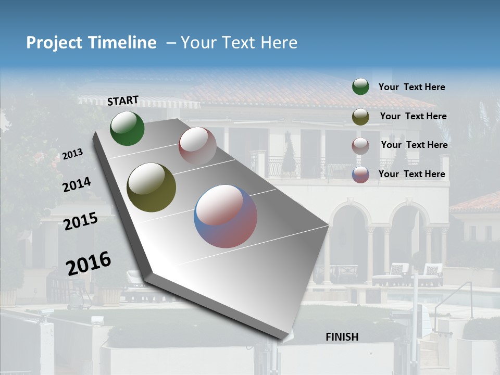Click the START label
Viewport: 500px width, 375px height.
[x=123, y=101]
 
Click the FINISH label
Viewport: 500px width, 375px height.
[x=342, y=337]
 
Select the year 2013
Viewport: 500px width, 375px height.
[x=72, y=154]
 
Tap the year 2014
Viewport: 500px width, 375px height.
[x=77, y=184]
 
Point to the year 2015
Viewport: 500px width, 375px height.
[x=81, y=221]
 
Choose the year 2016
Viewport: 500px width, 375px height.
[x=89, y=263]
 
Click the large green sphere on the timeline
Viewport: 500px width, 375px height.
[x=127, y=128]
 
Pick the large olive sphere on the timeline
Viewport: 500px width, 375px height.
[x=152, y=187]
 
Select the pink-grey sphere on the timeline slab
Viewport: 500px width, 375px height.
[x=197, y=146]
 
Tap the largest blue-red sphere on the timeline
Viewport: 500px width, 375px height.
[x=226, y=216]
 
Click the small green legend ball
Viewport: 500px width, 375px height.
[x=360, y=86]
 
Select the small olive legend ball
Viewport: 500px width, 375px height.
[x=360, y=117]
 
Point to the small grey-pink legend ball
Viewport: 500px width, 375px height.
[x=360, y=146]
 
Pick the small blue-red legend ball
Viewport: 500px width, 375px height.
[x=360, y=174]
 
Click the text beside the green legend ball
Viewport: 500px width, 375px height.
[x=411, y=87]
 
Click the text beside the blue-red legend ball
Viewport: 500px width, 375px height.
[x=411, y=174]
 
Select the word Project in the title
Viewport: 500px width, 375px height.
[x=54, y=43]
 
